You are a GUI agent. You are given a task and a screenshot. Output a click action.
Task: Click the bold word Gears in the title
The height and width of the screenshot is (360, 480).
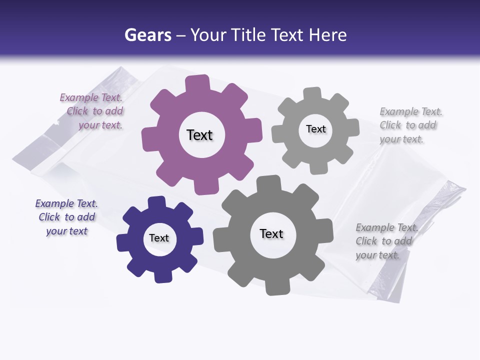point(147,35)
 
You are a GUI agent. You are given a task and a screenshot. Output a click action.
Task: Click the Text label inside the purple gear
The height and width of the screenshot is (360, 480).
point(199,135)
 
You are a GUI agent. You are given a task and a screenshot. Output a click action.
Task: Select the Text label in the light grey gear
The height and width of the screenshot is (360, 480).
point(315,129)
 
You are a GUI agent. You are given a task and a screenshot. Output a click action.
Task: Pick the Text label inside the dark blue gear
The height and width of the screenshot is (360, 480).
point(159,238)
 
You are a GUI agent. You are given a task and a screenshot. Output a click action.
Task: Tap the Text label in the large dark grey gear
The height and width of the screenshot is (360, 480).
point(271,233)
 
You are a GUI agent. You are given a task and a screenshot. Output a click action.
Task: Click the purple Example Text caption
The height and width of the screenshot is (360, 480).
point(92,111)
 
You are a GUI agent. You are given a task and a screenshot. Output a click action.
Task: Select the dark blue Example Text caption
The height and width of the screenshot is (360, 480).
point(66,217)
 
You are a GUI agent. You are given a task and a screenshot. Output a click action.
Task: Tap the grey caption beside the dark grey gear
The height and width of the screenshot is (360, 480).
point(386,241)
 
